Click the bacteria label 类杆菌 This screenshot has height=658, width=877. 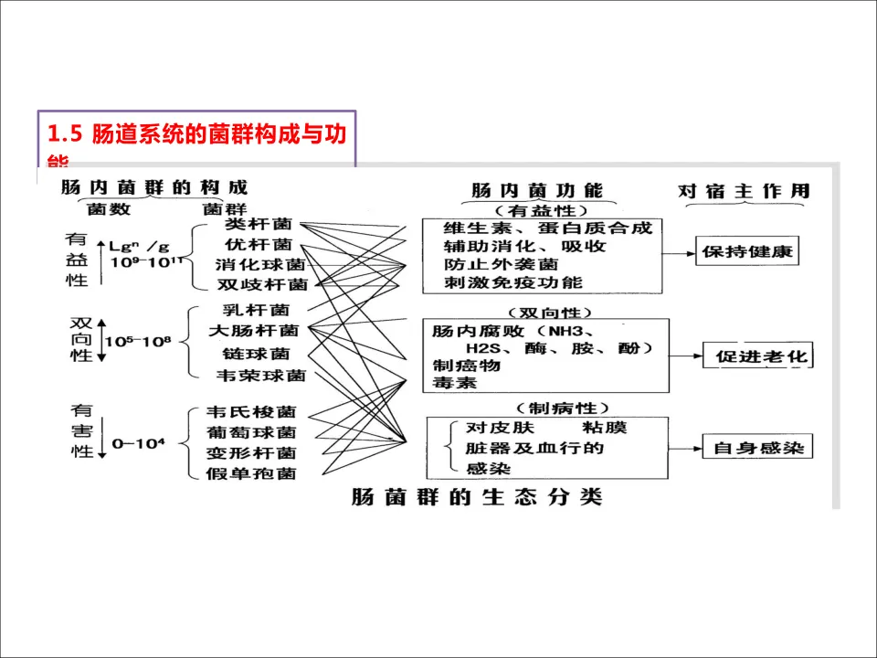(258, 224)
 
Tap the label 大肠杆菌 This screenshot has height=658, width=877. (253, 330)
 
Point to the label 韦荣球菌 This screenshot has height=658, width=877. (259, 375)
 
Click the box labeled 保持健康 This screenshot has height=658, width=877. (747, 251)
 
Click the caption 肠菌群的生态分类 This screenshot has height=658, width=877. (477, 498)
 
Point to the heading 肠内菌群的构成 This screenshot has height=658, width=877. (153, 188)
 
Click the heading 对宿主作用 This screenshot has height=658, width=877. (744, 191)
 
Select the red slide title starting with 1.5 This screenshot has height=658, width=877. (196, 134)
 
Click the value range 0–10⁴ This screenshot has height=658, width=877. (137, 443)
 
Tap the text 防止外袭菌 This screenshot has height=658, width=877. (500, 264)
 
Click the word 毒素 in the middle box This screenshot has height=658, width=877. (454, 383)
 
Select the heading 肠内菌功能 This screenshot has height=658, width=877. (537, 190)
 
